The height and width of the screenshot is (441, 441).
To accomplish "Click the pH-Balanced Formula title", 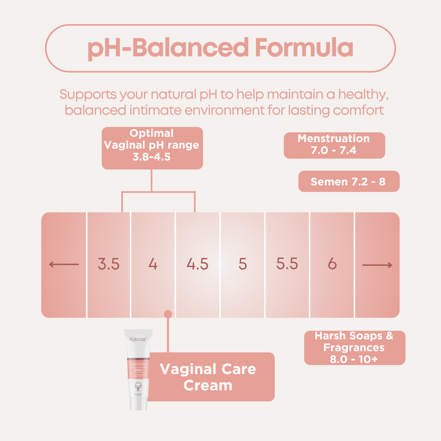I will click(221, 48).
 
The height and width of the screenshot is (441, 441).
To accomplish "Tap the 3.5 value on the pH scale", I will click(108, 265).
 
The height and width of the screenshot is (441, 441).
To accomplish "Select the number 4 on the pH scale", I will click(153, 265).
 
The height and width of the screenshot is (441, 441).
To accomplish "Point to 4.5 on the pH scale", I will click(197, 265).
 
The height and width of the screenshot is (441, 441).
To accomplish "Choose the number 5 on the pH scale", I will click(243, 265).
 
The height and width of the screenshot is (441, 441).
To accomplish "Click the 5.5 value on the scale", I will click(287, 265).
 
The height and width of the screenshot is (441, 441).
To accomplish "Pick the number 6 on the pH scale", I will click(332, 265).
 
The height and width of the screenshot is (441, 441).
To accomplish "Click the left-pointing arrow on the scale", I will click(64, 265).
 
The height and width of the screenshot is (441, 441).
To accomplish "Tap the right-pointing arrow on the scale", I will click(377, 265).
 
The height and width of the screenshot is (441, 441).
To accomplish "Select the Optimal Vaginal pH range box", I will click(152, 147).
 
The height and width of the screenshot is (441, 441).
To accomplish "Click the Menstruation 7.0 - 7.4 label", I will click(334, 145).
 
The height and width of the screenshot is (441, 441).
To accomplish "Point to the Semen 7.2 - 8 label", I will click(349, 181).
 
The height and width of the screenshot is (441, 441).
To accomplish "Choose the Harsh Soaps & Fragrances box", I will click(355, 347).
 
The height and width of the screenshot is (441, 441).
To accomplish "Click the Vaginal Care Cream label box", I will click(208, 377).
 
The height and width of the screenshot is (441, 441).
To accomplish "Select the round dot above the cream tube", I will click(168, 314).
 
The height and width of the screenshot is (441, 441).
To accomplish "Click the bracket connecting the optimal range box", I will click(158, 192).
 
